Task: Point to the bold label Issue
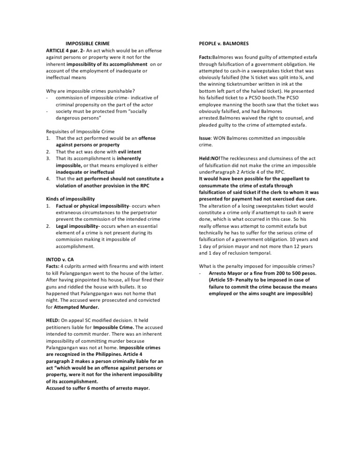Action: pos(205,138)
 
